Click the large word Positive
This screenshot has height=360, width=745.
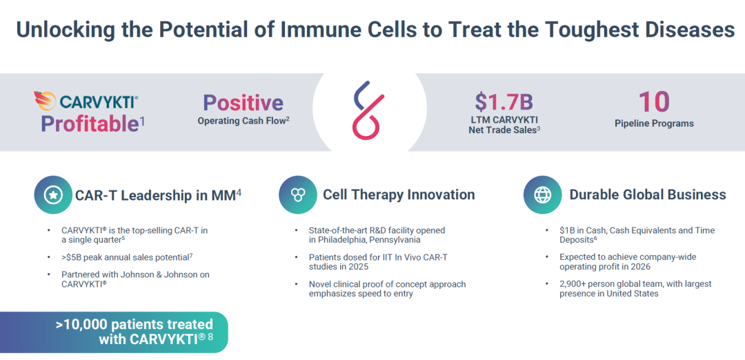click(244, 103)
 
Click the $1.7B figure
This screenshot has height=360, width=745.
click(504, 101)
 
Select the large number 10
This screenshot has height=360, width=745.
click(654, 101)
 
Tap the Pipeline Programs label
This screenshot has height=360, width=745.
click(654, 123)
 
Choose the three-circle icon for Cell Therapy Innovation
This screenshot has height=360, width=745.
click(297, 194)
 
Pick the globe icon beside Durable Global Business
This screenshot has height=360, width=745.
click(542, 194)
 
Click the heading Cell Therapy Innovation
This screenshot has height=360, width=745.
click(399, 194)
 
